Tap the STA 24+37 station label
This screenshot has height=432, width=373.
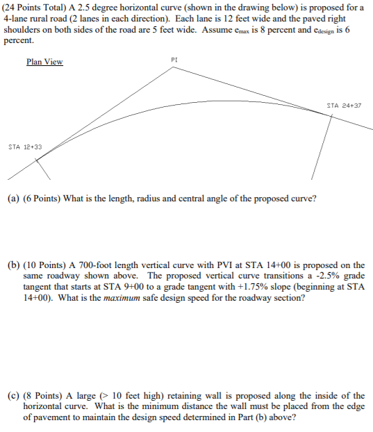point(343,106)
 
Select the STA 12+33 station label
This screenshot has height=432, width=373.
point(25,147)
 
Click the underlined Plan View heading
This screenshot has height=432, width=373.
point(44,62)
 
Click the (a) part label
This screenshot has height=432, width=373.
point(13,198)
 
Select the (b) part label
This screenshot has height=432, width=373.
point(13,265)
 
